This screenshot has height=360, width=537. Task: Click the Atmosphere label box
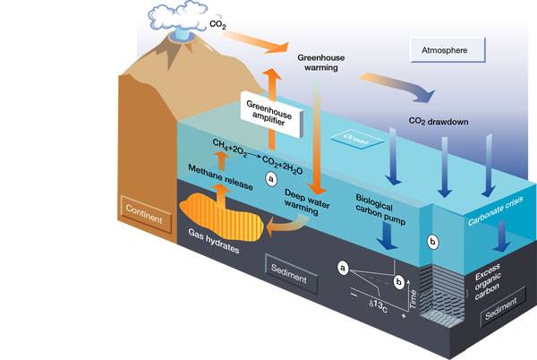point(447,49)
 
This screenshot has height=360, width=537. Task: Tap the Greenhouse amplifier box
point(271,114)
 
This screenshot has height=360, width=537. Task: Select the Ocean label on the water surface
point(356,140)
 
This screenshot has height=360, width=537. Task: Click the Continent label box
point(145,214)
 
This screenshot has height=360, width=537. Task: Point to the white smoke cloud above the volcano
point(177,17)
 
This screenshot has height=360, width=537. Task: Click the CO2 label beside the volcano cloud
point(217,25)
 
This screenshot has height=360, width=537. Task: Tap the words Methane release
point(220,177)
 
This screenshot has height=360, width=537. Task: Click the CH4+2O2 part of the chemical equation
point(229,148)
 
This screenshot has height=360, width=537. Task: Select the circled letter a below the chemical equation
point(271,179)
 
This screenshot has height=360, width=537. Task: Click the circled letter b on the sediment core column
point(432,242)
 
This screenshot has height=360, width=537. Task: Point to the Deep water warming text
point(307,202)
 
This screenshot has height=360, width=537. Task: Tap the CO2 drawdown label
point(439,122)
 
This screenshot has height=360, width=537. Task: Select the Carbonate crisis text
point(496,211)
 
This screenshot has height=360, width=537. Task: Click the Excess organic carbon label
point(488,281)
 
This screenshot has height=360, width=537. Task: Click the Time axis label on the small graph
point(413,299)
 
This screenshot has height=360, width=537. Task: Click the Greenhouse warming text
point(321,63)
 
